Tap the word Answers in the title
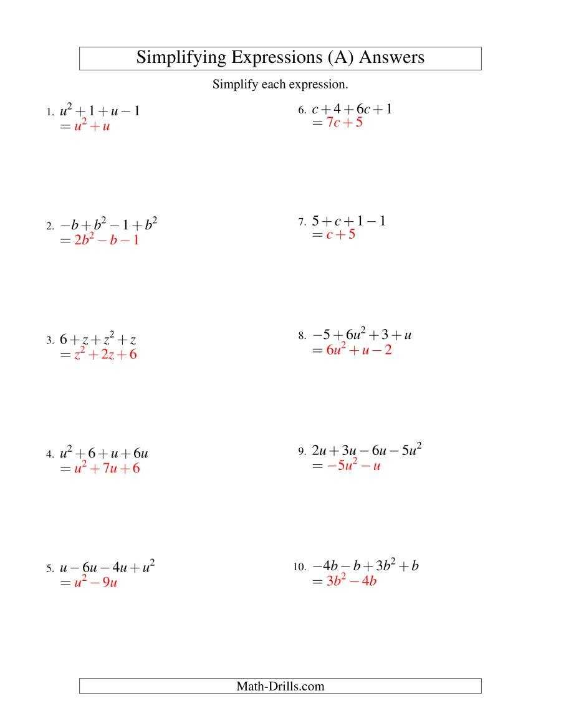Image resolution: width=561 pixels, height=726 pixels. coord(392,58)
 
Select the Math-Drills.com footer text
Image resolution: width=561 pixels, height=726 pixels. coord(280,686)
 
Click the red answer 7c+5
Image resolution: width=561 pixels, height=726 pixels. coord(344,123)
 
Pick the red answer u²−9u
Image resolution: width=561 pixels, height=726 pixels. coord(96,583)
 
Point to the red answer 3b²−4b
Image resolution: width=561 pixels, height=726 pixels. coord(352,581)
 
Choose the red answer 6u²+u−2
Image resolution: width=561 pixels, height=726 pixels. coord(360,350)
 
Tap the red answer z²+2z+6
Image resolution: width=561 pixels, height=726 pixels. coord(105,355)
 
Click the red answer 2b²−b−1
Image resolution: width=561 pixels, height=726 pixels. coord(106,240)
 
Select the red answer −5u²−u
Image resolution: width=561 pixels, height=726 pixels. coord(353,465)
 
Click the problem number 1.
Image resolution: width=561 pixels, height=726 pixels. coord(49,113)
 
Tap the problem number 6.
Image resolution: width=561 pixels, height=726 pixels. coord(301,111)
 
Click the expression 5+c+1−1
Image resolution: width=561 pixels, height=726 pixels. coord(348,221)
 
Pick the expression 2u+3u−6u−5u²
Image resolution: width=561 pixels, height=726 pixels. coord(367,450)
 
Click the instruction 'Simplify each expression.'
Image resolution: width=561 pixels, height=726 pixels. coord(280,84)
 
